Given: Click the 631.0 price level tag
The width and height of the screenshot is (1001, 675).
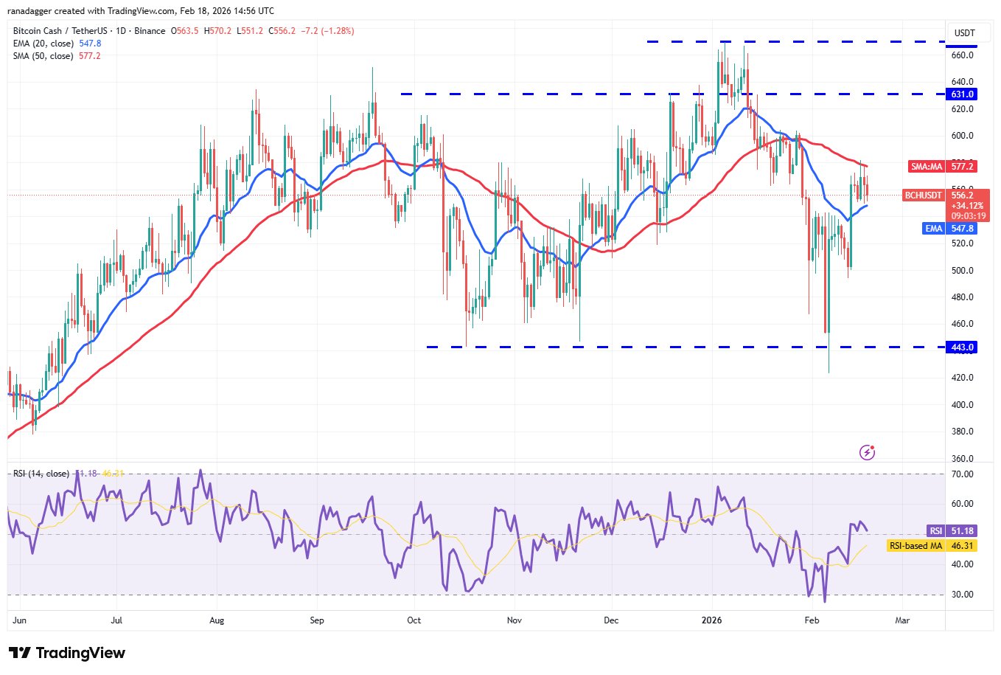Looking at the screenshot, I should [x=963, y=94].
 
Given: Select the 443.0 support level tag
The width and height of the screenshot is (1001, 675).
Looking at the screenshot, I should [x=963, y=347].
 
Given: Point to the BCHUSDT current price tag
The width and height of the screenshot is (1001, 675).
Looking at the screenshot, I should [x=924, y=195].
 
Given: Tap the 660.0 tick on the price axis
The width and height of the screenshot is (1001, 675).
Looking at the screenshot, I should [x=963, y=55].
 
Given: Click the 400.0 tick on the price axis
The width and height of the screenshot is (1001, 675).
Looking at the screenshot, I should [x=963, y=404].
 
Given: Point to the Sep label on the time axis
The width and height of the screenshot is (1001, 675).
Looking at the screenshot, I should [x=316, y=620].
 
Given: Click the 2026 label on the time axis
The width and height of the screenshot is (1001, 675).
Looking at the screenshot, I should [x=712, y=620].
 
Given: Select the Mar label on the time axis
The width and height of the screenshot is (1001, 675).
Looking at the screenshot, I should [x=902, y=620].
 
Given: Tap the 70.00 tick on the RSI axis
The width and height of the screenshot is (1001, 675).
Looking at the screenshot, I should [x=963, y=474].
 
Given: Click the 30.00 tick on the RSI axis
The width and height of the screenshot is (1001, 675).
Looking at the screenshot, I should [x=963, y=594].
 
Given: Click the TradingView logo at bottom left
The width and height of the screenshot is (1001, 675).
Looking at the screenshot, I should [x=67, y=653].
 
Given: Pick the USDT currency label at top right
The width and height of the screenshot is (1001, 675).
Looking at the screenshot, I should [x=964, y=32].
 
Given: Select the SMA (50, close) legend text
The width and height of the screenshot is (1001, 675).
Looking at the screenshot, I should [x=43, y=56].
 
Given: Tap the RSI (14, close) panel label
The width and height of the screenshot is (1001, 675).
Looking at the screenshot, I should [x=41, y=474].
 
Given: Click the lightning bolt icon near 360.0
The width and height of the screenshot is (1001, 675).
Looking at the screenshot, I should [x=868, y=452].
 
